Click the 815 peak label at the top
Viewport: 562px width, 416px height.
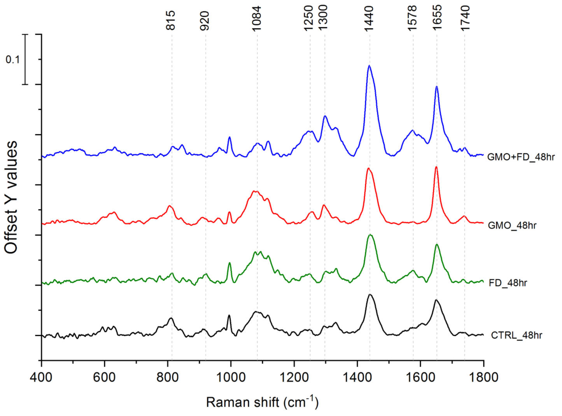pos(171,20)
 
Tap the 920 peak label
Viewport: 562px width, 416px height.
pos(205,21)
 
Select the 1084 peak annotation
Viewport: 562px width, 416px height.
pos(256,19)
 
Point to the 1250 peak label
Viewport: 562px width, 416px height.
pos(308,18)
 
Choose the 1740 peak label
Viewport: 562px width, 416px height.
pos(465,18)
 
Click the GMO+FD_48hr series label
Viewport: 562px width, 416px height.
pos(521,157)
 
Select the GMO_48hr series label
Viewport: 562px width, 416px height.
pos(512,225)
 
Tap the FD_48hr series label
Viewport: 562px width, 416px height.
pos(508,283)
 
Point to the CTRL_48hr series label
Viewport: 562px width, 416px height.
pos(516,335)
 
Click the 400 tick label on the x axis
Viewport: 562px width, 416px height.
pos(41,377)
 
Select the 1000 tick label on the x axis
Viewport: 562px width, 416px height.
pos(231,377)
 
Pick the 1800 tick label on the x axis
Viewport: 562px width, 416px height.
pos(483,377)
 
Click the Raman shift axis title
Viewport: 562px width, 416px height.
pos(262,402)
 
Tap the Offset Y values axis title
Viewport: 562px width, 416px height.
pos(11,197)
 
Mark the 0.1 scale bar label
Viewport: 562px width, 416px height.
pos(12,60)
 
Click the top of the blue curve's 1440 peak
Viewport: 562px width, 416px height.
pos(369,66)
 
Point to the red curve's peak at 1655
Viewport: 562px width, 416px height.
pos(436,167)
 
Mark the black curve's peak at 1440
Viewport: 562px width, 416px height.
pos(369,295)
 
